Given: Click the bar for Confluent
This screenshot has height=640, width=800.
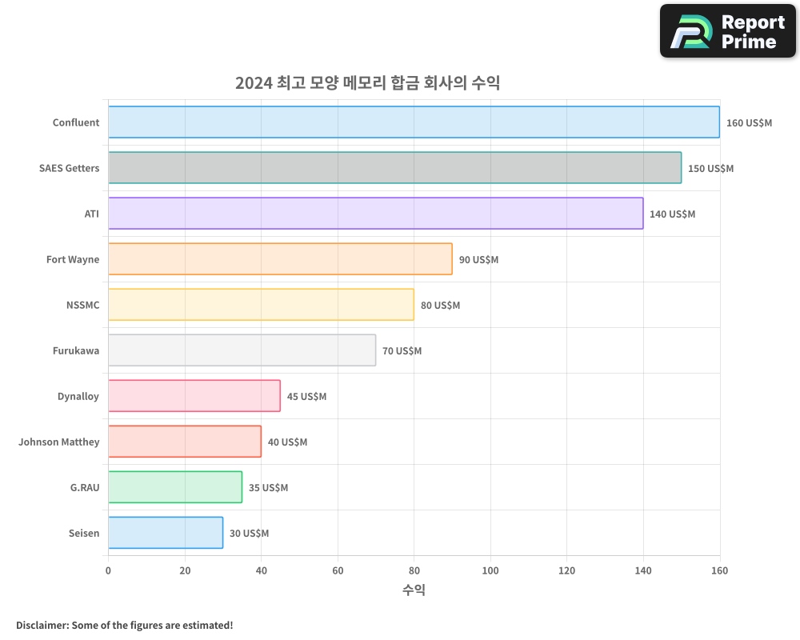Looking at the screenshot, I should (x=414, y=122).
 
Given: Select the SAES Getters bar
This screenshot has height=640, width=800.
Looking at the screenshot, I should (x=394, y=168).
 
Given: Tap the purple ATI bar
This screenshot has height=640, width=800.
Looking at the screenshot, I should (x=375, y=214).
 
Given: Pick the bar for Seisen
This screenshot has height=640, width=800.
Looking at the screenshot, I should (x=166, y=533).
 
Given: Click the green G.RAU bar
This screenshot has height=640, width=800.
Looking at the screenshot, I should (x=175, y=487).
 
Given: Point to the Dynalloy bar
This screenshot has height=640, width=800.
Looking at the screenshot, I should (x=194, y=396).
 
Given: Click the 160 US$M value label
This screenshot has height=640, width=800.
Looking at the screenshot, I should (x=749, y=123).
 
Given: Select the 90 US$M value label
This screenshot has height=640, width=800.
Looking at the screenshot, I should (x=478, y=260).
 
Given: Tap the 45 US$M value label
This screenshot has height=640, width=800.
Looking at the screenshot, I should (x=306, y=397).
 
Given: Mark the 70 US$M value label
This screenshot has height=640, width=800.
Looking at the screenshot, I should (x=402, y=351).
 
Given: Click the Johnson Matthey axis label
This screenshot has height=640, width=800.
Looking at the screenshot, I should (x=59, y=442).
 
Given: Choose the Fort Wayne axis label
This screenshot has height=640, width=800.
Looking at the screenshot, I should (x=73, y=259).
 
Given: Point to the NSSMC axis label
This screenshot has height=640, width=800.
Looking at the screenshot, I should (x=83, y=305).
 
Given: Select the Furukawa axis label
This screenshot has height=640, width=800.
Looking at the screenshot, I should (x=76, y=350).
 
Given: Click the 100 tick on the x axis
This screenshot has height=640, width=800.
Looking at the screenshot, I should (x=490, y=570).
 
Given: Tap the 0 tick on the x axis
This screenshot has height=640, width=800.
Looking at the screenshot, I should (x=108, y=570).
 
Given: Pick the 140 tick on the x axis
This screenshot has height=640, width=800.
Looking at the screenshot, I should (x=643, y=570).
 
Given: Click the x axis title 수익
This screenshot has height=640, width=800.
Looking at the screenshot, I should (x=414, y=590).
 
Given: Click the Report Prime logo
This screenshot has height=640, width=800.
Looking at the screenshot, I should (x=728, y=31).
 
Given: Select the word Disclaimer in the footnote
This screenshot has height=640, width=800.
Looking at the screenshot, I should (x=42, y=625).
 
